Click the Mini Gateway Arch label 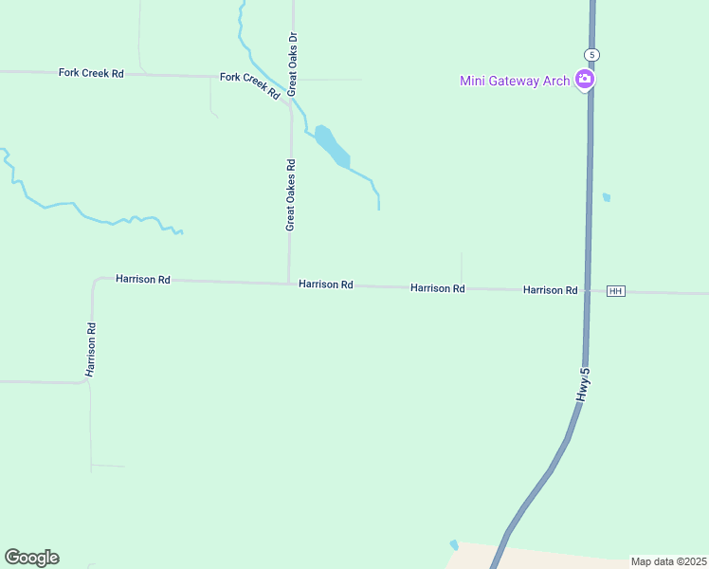tap(515, 81)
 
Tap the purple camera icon tap(585, 80)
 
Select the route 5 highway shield tap(591, 53)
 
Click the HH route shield tap(616, 291)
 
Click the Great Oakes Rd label tap(291, 194)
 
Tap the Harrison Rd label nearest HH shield tap(550, 289)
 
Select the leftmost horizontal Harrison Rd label tap(143, 280)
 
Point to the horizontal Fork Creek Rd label tap(91, 73)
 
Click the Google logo tap(31, 558)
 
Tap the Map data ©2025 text tap(668, 561)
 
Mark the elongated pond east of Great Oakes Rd tap(333, 146)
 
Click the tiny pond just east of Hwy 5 tap(607, 198)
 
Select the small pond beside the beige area tap(454, 545)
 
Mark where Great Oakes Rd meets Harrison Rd tap(289, 283)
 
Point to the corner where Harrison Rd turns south tap(95, 281)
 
